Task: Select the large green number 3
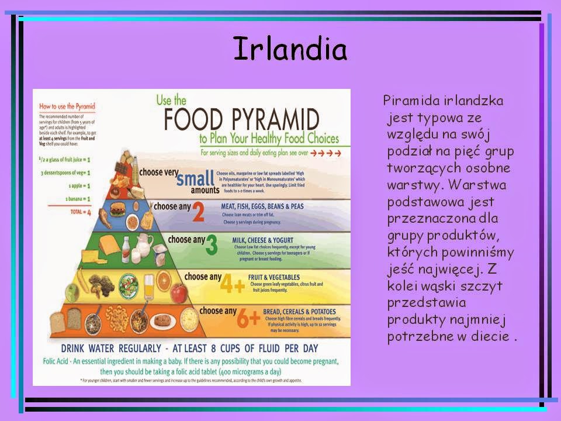pyautogui.click(x=211, y=246)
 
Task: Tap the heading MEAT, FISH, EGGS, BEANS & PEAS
pyautogui.click(x=262, y=206)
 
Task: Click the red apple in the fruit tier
pyautogui.click(x=179, y=291)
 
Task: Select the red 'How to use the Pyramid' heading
pyautogui.click(x=67, y=106)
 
